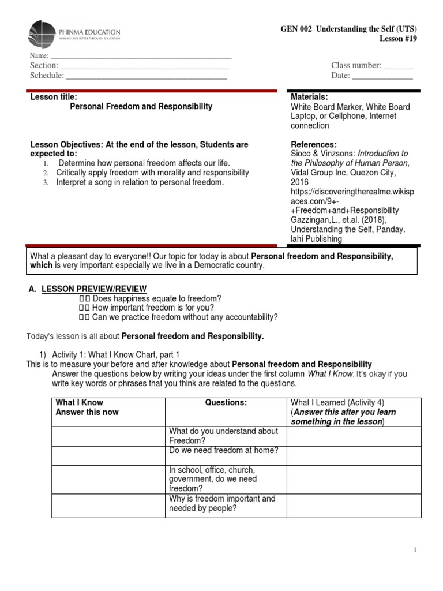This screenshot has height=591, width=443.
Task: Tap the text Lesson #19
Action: click(x=397, y=39)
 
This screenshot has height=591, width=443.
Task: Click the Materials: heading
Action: click(x=309, y=97)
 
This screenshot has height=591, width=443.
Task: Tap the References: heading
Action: click(x=314, y=144)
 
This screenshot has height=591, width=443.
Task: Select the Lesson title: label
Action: click(x=54, y=97)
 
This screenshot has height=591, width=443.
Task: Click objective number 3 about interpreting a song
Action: click(x=139, y=182)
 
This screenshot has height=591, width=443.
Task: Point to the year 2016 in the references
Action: click(x=299, y=182)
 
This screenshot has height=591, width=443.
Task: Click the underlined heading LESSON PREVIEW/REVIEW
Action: click(x=94, y=289)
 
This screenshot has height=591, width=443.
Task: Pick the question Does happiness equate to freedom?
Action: click(x=156, y=298)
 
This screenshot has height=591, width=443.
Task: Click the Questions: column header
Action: click(x=226, y=403)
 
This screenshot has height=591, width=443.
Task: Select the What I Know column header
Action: click(x=79, y=403)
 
